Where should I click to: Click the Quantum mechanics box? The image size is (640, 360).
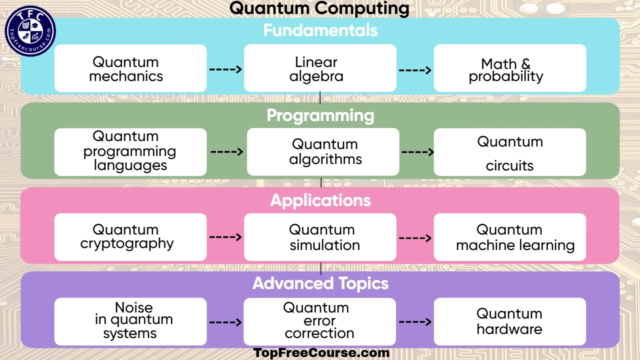[x=130, y=68]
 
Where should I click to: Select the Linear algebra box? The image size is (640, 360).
[x=320, y=68]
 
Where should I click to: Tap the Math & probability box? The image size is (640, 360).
[x=509, y=68]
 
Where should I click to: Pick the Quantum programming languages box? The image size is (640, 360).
[x=130, y=152]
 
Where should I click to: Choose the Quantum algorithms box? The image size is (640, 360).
[x=323, y=152]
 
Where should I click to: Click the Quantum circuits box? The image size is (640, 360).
[x=509, y=152]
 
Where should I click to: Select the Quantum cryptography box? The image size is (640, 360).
[x=130, y=237]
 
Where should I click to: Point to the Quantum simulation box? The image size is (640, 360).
[x=320, y=237]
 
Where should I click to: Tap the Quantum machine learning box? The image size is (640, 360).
[x=509, y=237]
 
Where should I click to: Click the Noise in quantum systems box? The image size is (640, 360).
[x=130, y=321]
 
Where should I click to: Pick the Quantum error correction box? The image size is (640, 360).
[x=319, y=321]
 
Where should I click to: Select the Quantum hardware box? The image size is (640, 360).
[x=509, y=321]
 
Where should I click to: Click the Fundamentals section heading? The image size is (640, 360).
[x=320, y=30]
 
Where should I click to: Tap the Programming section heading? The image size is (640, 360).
[x=320, y=115]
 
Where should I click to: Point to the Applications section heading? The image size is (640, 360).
[x=320, y=200]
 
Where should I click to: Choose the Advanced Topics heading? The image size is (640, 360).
[x=320, y=283]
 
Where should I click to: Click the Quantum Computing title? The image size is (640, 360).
[x=319, y=8]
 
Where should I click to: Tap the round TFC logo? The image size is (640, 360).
[x=30, y=31]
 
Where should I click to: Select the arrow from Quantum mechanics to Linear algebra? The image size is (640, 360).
[x=225, y=69]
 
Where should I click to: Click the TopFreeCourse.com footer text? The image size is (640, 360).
[x=321, y=352]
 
